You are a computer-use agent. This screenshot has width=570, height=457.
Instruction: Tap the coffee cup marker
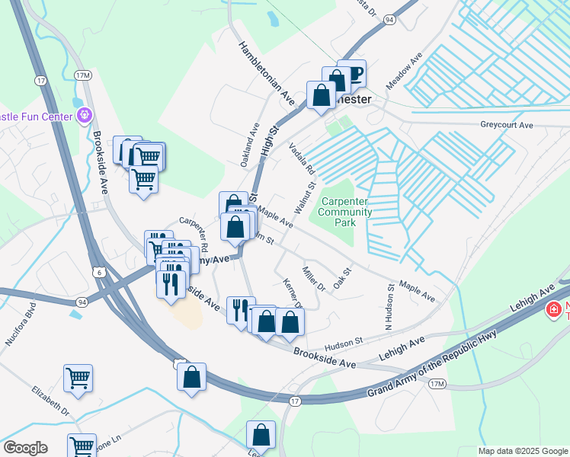tap(352, 75)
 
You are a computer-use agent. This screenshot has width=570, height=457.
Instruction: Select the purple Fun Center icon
tap(84, 117)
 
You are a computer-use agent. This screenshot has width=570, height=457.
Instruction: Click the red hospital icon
tap(554, 310)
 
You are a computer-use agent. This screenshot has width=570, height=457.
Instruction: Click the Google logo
tap(25, 448)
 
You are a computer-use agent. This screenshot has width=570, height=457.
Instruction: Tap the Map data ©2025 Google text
tap(522, 451)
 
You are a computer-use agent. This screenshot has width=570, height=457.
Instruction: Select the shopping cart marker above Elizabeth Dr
tap(78, 379)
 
